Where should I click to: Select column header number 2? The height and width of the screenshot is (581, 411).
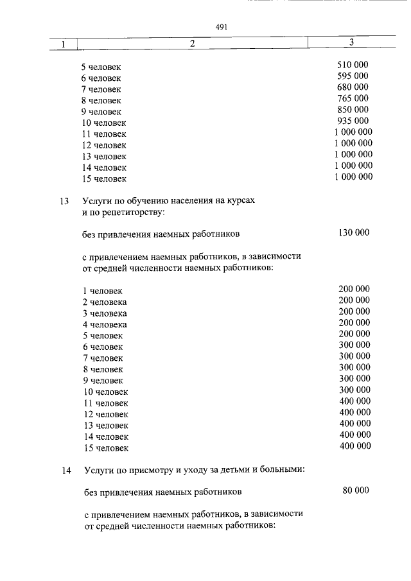191,44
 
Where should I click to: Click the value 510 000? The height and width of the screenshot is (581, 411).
353,65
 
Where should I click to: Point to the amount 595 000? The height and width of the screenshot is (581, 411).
353,76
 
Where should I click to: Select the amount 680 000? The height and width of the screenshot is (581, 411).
353,87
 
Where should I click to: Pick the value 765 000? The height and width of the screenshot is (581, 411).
353,98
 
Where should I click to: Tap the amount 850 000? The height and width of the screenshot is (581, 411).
353,109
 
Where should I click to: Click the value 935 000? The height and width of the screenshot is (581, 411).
353,121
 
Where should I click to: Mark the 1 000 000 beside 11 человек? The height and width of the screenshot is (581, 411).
353,132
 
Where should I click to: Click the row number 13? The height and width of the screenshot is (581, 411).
64,201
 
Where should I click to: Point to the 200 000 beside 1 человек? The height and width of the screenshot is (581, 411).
354,289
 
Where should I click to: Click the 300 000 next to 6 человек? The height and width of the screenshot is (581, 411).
354,345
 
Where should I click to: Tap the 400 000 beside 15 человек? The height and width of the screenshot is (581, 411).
354,446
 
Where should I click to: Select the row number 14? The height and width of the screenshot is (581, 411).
65,471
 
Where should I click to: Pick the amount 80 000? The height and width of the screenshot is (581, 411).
356,490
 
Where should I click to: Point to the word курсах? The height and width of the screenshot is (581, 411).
240,200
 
